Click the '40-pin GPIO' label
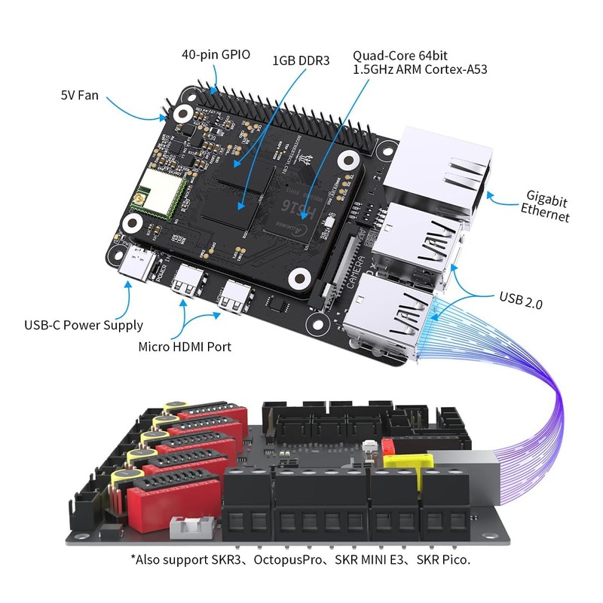216,55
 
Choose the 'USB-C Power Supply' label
82,326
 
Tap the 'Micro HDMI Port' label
184,347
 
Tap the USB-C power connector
138,264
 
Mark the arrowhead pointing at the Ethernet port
488,194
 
